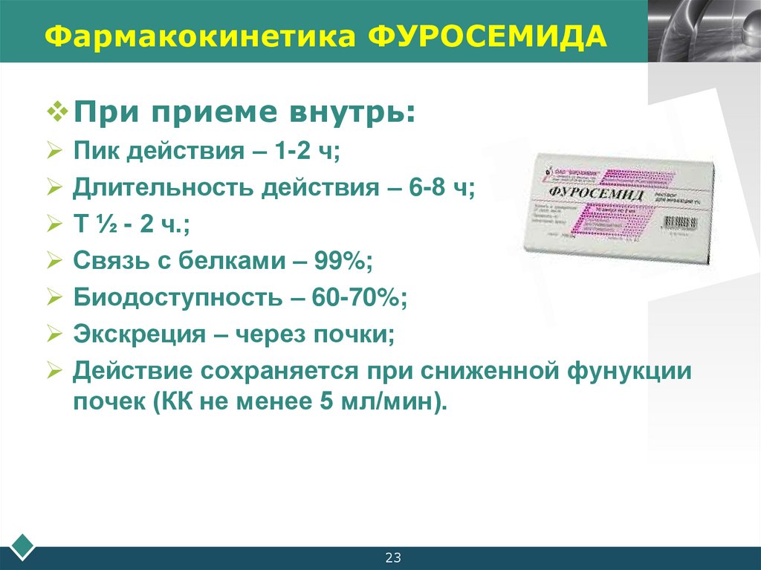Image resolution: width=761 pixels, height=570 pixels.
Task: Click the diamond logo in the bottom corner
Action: point(18,545)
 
